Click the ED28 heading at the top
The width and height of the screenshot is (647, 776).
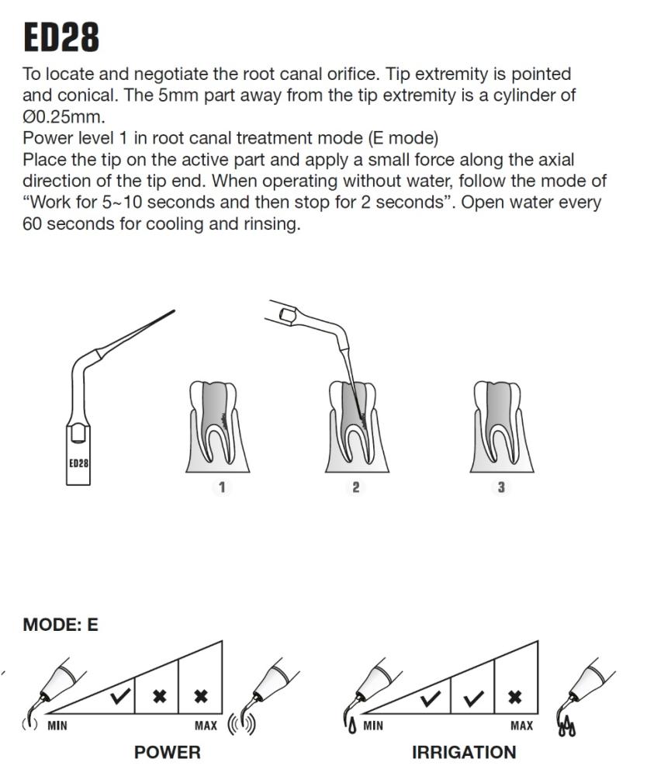[61, 37]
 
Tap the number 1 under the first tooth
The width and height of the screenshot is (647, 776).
[222, 487]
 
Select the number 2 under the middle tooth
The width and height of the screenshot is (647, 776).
[356, 487]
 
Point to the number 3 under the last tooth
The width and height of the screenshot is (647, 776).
[501, 487]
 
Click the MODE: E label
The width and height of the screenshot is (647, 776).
[61, 625]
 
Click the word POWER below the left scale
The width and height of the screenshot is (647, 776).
[167, 752]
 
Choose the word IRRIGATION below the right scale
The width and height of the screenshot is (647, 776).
[464, 752]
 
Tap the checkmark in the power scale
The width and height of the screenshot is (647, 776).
[119, 696]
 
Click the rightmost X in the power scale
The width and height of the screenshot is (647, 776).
[201, 696]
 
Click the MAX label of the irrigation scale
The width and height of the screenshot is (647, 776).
[521, 726]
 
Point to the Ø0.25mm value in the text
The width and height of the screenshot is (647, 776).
[64, 119]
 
